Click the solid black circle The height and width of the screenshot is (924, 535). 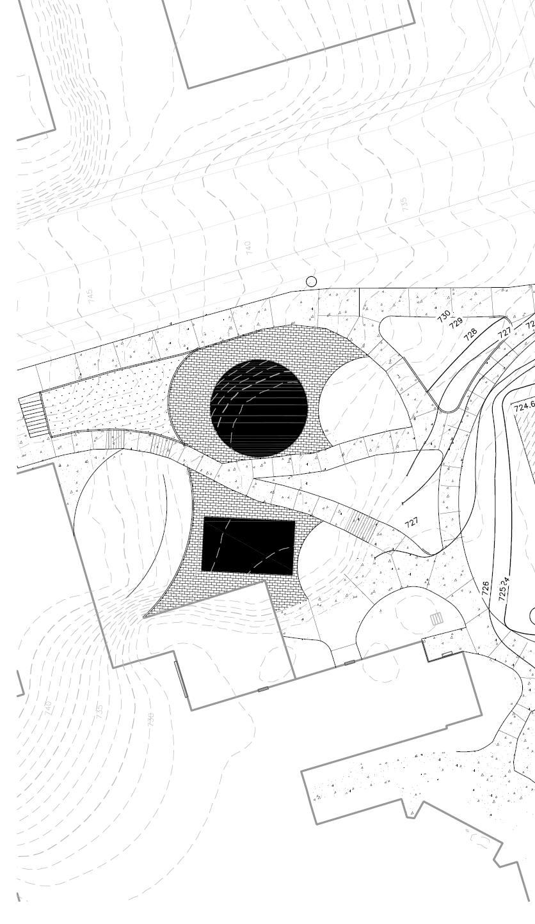[259, 408]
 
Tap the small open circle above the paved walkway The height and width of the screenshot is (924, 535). [312, 281]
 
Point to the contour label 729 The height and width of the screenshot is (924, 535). [456, 323]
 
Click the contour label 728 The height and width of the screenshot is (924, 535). [470, 333]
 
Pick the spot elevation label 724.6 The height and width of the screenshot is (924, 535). [524, 406]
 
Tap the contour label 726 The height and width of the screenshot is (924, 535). [486, 588]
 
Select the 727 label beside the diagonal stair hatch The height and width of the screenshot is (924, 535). [412, 522]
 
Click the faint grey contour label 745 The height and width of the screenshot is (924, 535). [90, 295]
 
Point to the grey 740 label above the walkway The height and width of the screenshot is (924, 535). [248, 246]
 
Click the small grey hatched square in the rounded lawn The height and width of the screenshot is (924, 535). [437, 618]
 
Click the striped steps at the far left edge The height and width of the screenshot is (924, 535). [29, 416]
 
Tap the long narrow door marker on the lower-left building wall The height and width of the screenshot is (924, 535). [182, 679]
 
